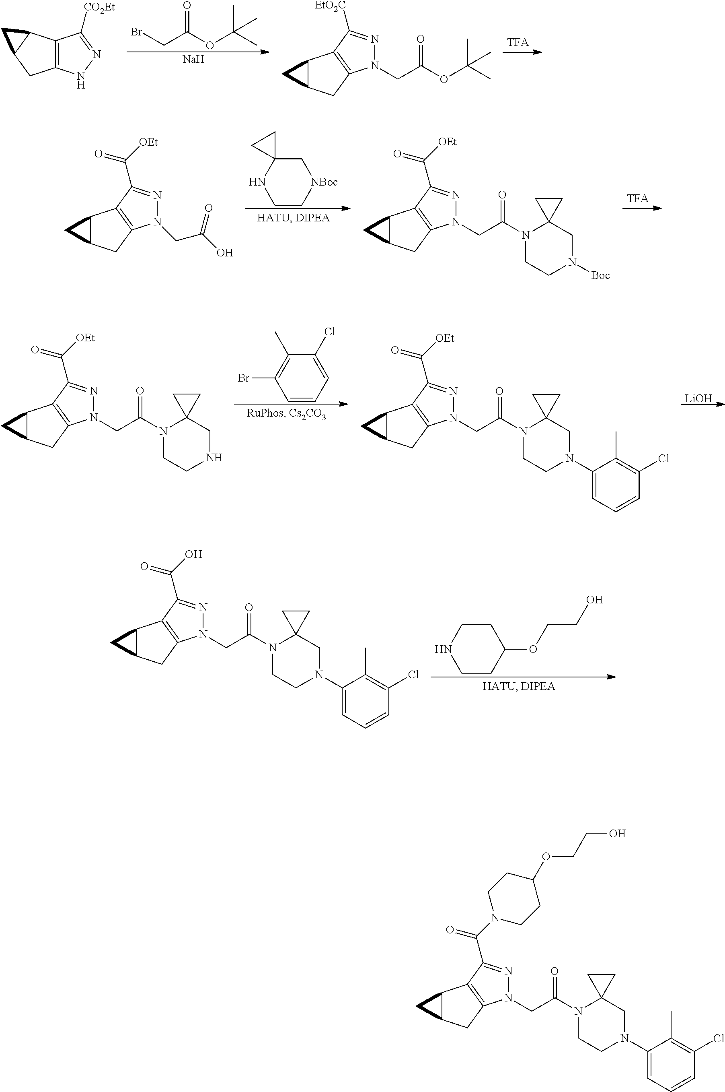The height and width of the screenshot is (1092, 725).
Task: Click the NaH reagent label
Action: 194,60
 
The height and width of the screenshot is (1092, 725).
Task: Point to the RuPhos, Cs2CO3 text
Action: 286,414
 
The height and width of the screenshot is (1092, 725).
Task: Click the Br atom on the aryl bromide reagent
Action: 244,378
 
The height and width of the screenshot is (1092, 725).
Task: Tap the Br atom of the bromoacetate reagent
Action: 136,32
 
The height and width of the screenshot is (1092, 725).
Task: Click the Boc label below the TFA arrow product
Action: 600,275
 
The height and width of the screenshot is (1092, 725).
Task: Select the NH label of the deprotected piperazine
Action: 215,458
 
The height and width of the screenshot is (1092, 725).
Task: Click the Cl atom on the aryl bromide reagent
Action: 329,332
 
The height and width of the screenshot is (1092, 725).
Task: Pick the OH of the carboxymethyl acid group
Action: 225,253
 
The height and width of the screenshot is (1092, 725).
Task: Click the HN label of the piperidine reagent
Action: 442,649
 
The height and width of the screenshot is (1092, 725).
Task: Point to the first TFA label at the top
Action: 518,42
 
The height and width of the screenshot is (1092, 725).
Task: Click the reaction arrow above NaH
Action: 198,52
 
